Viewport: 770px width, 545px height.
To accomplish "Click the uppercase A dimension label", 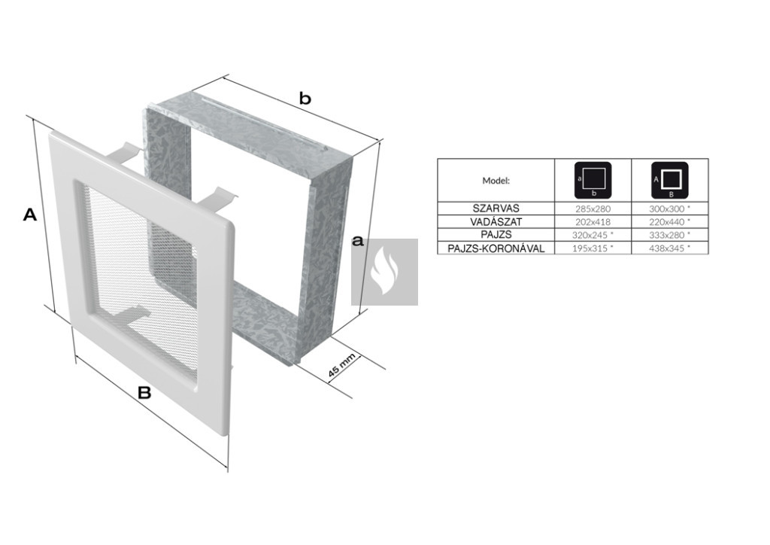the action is (x=30, y=215).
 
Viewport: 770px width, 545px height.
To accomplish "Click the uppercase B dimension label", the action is (x=144, y=393).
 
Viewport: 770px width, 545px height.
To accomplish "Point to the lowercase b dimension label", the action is (x=305, y=99).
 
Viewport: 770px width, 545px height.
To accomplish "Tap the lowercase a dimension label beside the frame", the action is (x=359, y=241).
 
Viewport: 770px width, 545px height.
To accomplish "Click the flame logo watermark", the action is (x=384, y=272).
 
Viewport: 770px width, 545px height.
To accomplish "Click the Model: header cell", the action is (x=496, y=181).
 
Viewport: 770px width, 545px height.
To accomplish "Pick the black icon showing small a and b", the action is (x=593, y=181).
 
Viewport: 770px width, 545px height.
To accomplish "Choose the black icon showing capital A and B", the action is (x=670, y=181).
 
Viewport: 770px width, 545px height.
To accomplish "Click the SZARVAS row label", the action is (x=496, y=209).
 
